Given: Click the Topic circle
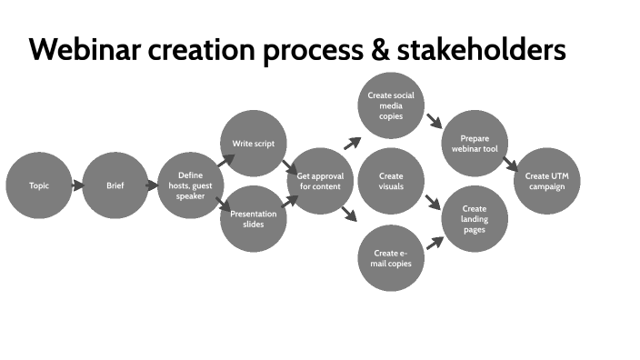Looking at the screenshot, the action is point(38,185).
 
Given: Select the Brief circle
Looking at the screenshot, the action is point(115,185).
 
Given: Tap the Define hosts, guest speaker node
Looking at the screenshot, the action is point(190,185).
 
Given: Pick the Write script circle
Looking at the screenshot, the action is point(254,143).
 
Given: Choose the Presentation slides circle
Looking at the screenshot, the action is point(254,218).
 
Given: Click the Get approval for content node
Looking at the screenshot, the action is point(319,181).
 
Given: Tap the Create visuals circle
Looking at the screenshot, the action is point(391,181).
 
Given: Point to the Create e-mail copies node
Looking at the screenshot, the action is point(391,258).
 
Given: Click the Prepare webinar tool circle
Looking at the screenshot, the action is point(475,144).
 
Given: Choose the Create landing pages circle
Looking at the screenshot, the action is point(475,219).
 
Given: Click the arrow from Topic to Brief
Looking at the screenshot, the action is point(76,185).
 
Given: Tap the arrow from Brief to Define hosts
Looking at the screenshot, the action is point(152,185).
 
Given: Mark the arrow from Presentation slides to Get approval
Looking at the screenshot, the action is point(290,201).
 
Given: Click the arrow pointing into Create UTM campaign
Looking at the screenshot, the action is point(511,165).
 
